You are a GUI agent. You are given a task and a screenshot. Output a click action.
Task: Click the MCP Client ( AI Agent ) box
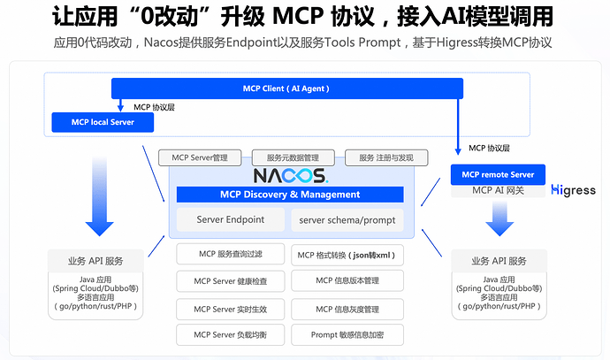pyautogui.click(x=287, y=88)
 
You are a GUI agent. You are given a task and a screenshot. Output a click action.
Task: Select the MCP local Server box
pyautogui.click(x=103, y=122)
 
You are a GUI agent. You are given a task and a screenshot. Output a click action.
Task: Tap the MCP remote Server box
pyautogui.click(x=498, y=174)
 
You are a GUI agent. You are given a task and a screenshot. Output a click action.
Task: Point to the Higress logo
pyautogui.click(x=573, y=190)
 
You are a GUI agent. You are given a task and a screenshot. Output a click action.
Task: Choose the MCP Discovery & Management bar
pyautogui.click(x=290, y=195)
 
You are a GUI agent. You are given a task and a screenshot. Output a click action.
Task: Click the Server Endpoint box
pyautogui.click(x=230, y=219)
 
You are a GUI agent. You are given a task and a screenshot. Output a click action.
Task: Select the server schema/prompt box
pyautogui.click(x=347, y=219)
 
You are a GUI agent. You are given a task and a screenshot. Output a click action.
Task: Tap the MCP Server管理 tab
pyautogui.click(x=200, y=157)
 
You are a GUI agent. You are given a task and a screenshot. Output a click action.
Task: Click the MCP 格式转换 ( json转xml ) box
pyautogui.click(x=347, y=255)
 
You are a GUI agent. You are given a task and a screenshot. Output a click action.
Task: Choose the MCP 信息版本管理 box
pyautogui.click(x=347, y=281)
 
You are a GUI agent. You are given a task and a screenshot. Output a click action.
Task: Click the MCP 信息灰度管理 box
pyautogui.click(x=347, y=309)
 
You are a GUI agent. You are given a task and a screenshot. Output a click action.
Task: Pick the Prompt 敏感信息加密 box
pyautogui.click(x=347, y=335)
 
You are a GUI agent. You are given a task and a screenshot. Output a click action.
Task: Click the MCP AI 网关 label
pyautogui.click(x=498, y=190)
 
